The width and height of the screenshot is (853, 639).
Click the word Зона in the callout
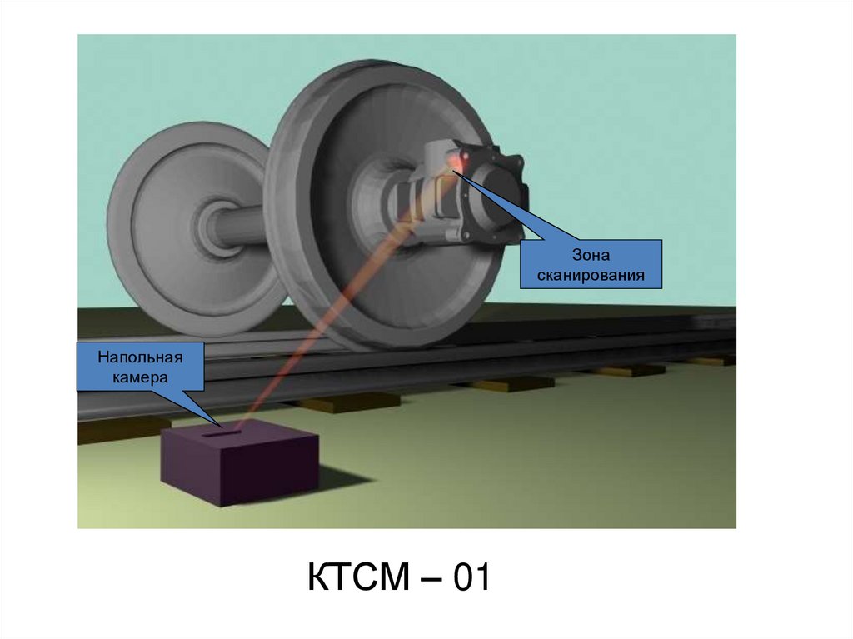(591, 255)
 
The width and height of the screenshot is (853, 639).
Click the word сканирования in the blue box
(591, 274)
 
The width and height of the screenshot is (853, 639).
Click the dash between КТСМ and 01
(430, 579)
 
